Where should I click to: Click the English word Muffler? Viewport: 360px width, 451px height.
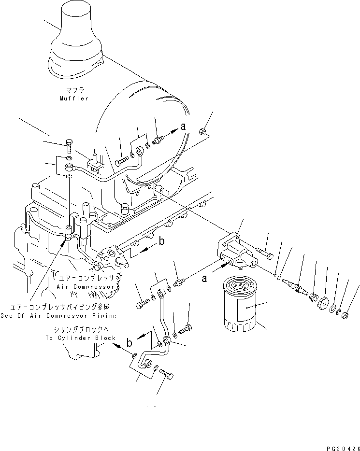(74, 99)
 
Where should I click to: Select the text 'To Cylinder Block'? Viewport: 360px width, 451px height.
(81, 338)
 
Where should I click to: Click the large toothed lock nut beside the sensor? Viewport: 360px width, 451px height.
(323, 303)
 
